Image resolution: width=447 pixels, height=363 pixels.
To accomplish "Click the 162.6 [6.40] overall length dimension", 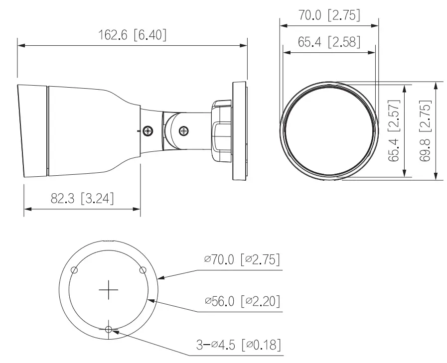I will click(x=132, y=35).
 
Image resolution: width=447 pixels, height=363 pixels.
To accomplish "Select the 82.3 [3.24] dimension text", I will click(x=82, y=199).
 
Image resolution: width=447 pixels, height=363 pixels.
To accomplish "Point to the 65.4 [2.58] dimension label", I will click(x=329, y=41).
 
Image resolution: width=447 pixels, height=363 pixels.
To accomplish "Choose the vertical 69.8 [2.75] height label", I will click(x=425, y=131).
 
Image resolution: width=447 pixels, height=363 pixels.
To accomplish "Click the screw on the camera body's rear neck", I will click(x=148, y=131).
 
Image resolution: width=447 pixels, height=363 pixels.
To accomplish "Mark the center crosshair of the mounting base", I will click(x=108, y=290).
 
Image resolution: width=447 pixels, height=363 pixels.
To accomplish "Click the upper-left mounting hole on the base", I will click(x=74, y=270).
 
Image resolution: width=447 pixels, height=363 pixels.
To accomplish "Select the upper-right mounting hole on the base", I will click(x=143, y=270).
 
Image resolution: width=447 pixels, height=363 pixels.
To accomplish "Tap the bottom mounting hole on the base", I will click(x=108, y=329).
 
